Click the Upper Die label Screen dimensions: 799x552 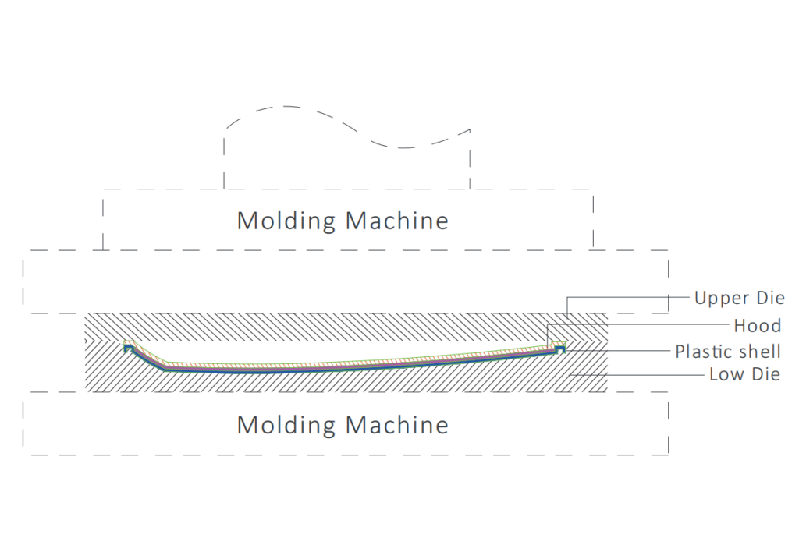(x=740, y=298)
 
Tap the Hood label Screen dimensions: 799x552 (x=758, y=325)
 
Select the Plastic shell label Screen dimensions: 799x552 (x=728, y=352)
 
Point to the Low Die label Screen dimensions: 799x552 (x=745, y=375)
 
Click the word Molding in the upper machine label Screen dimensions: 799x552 (x=286, y=221)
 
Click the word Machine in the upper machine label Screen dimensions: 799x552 (x=396, y=221)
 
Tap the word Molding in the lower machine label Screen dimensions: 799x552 (x=286, y=426)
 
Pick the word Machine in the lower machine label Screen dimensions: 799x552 (x=396, y=425)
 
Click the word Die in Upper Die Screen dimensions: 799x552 (x=771, y=297)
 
